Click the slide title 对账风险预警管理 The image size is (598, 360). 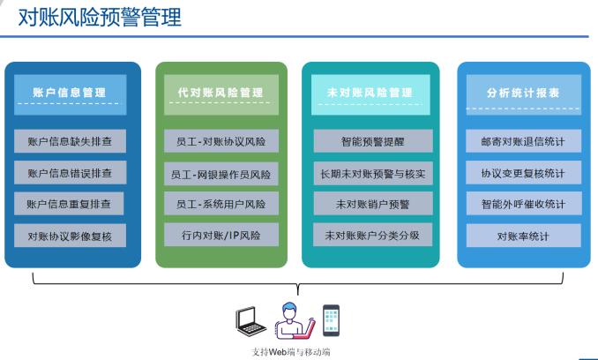100,17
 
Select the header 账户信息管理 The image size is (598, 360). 71,94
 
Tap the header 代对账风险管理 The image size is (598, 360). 221,94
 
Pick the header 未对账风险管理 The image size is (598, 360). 370,94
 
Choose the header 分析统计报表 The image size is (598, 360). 524,94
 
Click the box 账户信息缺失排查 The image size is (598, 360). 71,141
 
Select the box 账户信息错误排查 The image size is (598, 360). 71,173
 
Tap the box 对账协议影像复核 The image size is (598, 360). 71,236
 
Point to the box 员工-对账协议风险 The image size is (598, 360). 221,141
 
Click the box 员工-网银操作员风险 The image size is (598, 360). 221,174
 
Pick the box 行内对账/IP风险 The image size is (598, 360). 221,235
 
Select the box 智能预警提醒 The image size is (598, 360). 373,141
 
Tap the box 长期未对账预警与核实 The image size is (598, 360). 373,174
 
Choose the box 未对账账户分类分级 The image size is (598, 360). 372,235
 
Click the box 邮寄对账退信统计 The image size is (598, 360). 524,141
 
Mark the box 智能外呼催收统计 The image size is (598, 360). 524,204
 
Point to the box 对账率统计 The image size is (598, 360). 524,236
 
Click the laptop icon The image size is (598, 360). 250,320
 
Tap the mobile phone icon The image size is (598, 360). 331,320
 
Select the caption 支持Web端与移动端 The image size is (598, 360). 290,351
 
